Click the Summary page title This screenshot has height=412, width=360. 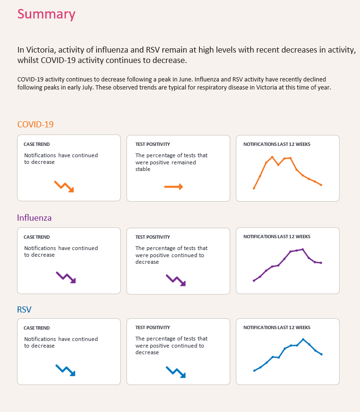coord(46,14)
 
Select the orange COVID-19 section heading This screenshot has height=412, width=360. coord(36,125)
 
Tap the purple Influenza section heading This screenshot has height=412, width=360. coord(35,218)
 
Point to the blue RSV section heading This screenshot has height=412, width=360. coord(25,309)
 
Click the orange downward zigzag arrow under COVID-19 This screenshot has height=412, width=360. coord(64,186)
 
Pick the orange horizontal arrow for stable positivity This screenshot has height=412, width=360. coord(173,187)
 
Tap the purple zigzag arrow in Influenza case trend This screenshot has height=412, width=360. coord(66,278)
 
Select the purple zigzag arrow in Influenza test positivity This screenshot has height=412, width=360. coord(176,280)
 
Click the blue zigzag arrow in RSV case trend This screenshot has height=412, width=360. coord(65,370)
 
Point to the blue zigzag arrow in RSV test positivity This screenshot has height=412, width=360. coord(175,372)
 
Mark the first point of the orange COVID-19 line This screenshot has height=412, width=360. coord(254,188)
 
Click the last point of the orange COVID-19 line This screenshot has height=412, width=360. coord(321,185)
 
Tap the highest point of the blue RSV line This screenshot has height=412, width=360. coord(303,339)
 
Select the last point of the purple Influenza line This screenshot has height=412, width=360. coord(321,263)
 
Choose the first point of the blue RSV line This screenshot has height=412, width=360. coord(254,370)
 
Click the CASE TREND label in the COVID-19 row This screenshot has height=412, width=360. coord(36,144)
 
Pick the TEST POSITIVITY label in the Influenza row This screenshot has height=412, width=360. coord(153,237)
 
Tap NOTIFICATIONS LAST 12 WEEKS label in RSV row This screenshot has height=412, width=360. coord(277,328)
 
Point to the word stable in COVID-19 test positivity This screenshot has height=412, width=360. coord(143,169)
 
